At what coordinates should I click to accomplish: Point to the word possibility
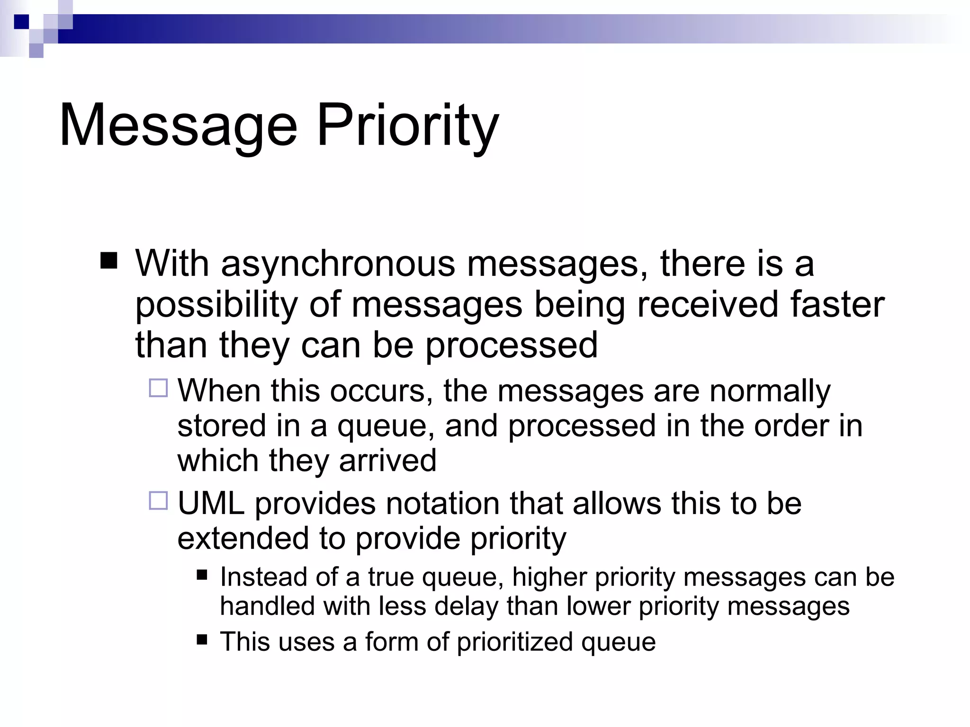coord(216,305)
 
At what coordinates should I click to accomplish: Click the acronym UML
coord(211,503)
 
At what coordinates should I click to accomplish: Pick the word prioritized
coord(515,642)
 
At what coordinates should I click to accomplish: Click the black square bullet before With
coord(109,261)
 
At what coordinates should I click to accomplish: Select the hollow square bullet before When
coord(158,388)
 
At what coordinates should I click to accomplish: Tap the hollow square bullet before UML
coord(158,501)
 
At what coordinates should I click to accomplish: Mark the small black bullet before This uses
coord(202,640)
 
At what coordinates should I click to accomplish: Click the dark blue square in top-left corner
coord(21,22)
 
